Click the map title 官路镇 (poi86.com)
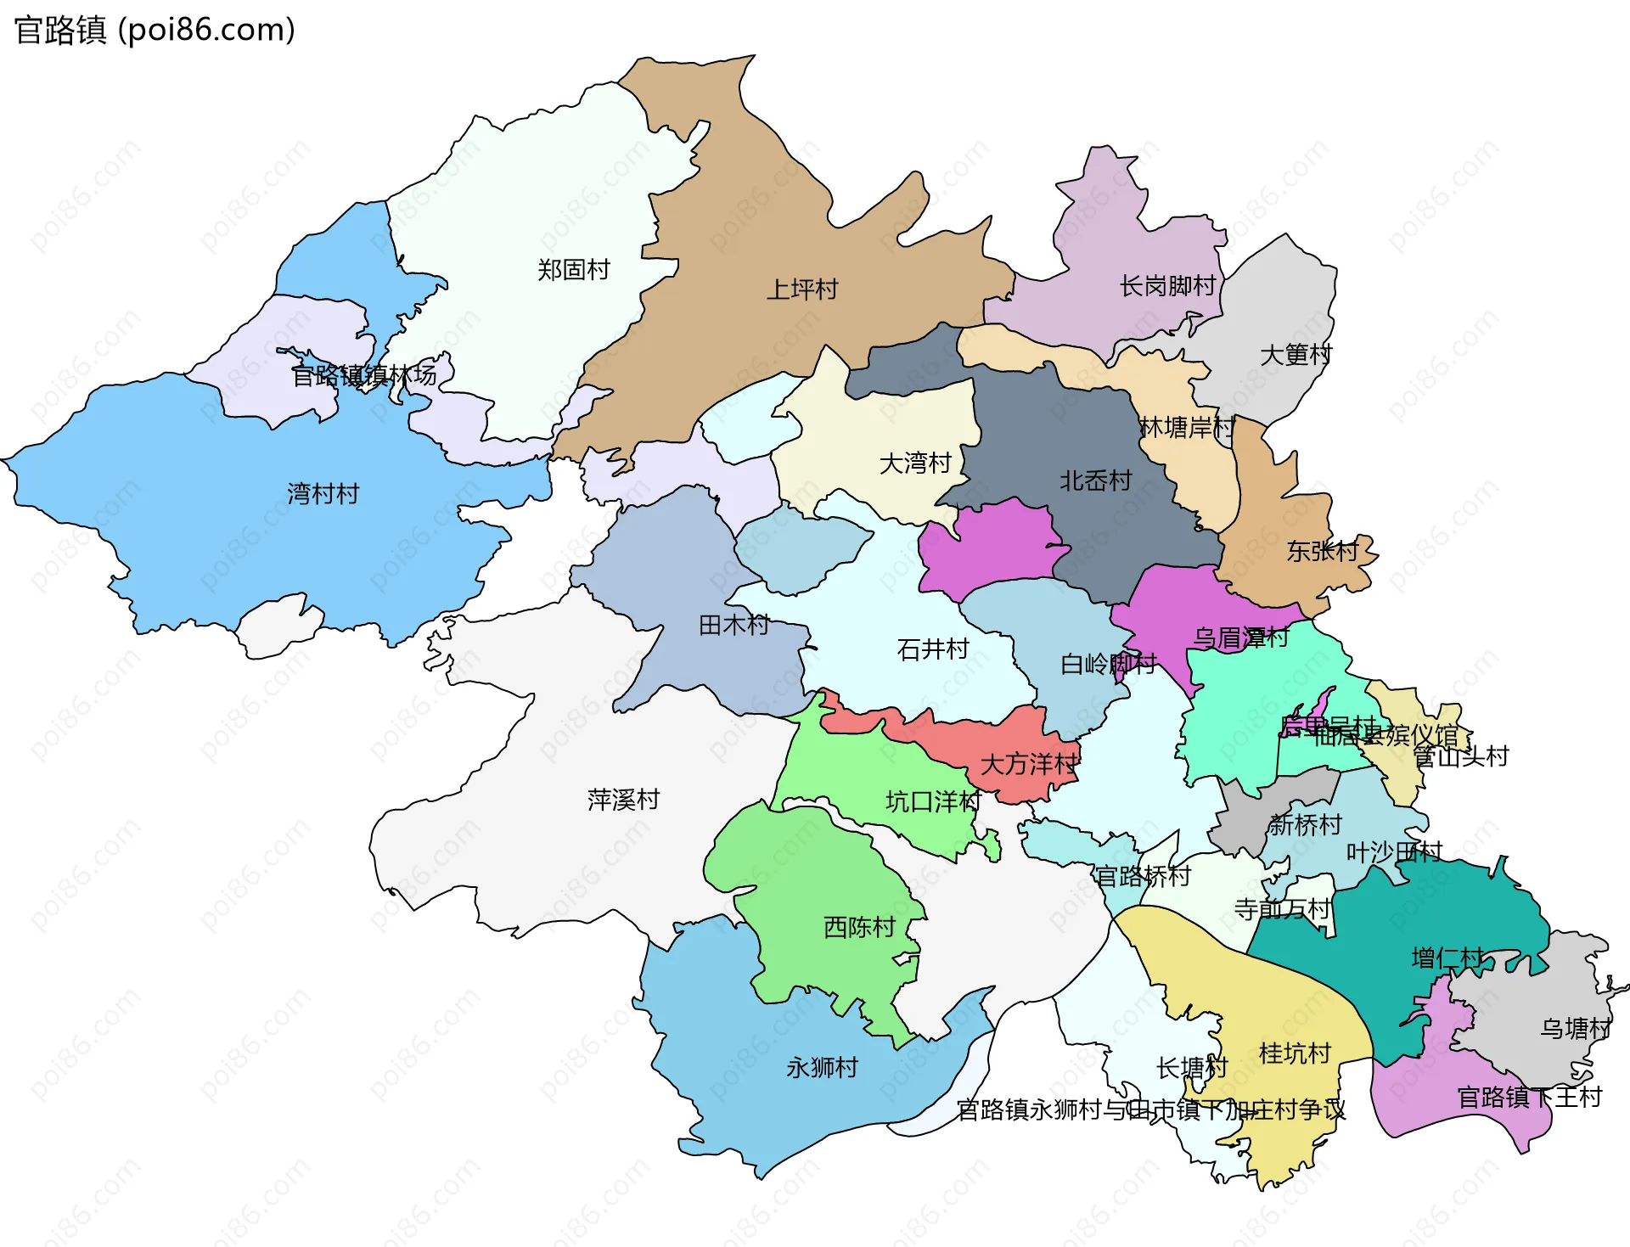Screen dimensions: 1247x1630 click(155, 31)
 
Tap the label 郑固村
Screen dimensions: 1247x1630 click(574, 270)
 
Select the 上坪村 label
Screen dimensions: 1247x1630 click(802, 289)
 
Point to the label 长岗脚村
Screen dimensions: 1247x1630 click(1167, 286)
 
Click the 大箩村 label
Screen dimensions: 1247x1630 click(1296, 355)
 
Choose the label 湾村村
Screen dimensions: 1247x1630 click(323, 493)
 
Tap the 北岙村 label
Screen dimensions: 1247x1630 click(1095, 481)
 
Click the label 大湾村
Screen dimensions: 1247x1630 click(914, 463)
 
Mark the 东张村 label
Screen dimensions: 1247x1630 click(1322, 552)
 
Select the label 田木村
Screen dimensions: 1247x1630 click(733, 626)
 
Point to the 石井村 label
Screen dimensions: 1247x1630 click(932, 649)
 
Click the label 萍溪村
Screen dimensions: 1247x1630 click(623, 800)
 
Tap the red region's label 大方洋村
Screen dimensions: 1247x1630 click(1028, 765)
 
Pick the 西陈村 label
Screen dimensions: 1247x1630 click(859, 927)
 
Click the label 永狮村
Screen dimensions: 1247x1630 click(822, 1067)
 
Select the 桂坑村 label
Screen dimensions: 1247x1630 click(1294, 1053)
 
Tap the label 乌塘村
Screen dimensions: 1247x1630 click(1576, 1029)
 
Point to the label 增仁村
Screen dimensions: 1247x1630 click(1447, 958)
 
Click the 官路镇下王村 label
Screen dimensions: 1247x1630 click(1529, 1098)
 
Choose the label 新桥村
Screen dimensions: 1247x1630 click(1305, 824)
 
